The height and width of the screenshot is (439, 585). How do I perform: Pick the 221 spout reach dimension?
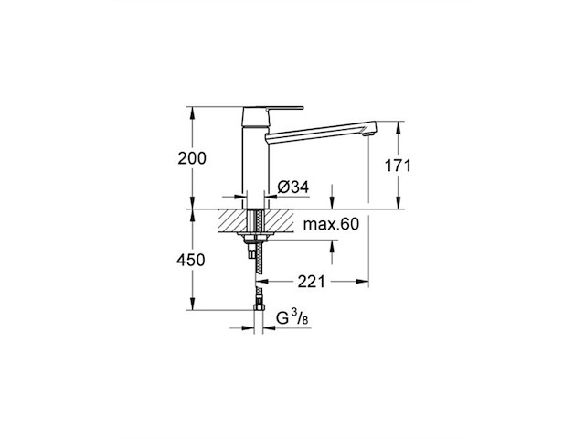click(313, 283)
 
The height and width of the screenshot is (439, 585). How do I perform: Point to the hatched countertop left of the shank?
click(234, 222)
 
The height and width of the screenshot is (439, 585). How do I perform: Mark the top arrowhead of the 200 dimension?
click(193, 111)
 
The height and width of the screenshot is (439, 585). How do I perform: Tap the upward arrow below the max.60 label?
click(332, 246)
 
